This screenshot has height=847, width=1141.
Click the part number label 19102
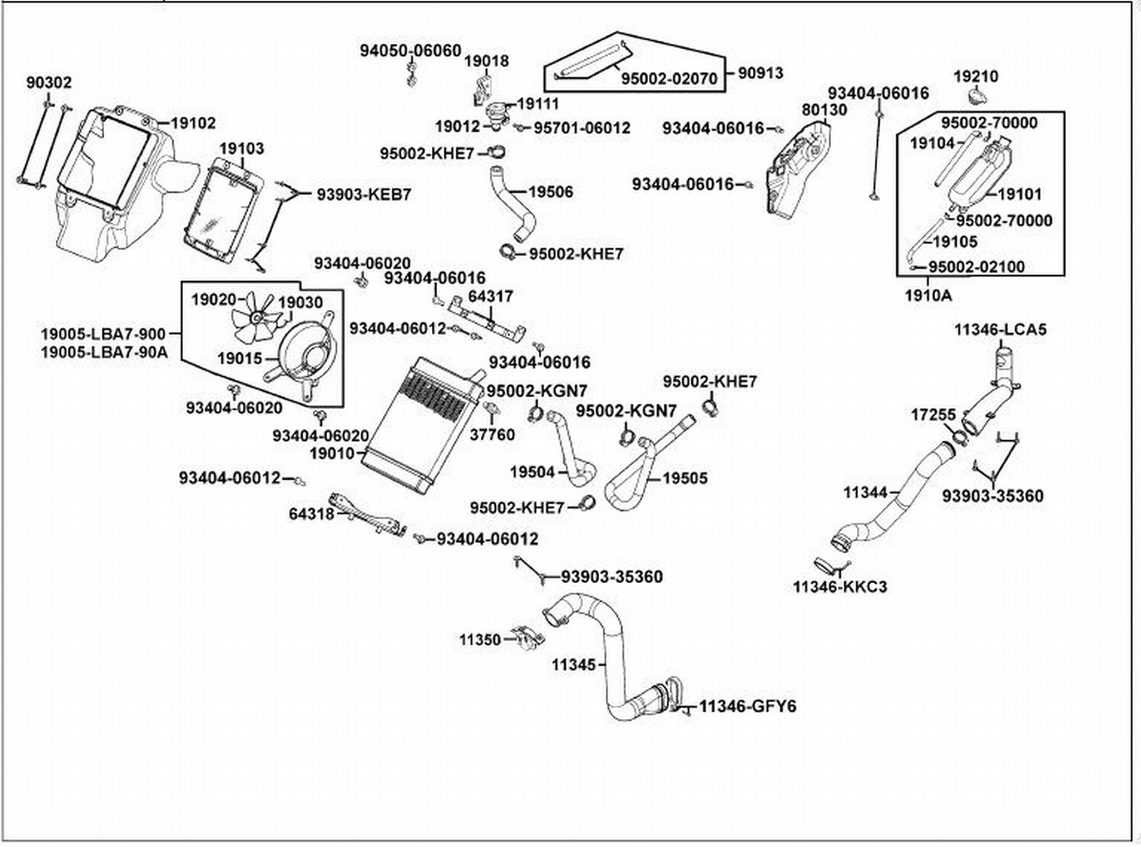(x=193, y=123)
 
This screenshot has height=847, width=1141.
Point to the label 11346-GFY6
(x=747, y=706)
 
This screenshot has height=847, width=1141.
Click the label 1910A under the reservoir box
(x=928, y=296)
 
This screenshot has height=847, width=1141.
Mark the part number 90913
(x=760, y=73)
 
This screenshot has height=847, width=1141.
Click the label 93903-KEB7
(x=364, y=194)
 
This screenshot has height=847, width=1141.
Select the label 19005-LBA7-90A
(x=104, y=352)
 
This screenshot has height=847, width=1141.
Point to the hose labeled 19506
(x=513, y=208)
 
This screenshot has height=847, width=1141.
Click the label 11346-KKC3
(x=839, y=586)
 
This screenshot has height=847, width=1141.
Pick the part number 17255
(x=933, y=415)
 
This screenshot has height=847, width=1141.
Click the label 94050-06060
(x=411, y=51)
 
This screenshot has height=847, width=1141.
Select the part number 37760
(x=492, y=435)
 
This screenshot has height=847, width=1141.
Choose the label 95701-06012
(x=582, y=128)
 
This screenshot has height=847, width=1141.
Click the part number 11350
(x=480, y=639)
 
